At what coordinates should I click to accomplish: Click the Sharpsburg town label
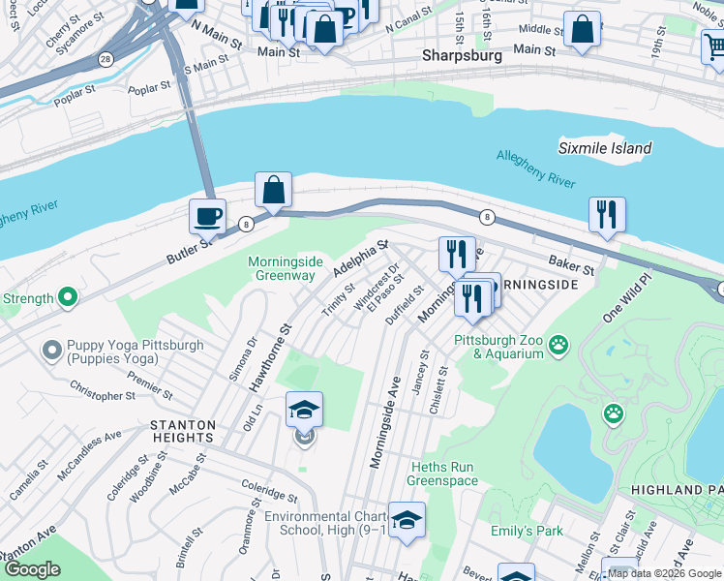click(462, 56)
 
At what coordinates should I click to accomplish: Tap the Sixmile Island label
click(605, 148)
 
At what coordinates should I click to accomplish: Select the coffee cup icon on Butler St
click(206, 217)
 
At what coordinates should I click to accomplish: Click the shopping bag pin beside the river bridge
click(274, 189)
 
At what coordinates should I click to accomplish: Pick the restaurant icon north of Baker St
click(607, 214)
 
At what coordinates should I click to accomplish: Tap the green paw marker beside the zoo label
click(558, 345)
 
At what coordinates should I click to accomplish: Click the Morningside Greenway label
click(282, 268)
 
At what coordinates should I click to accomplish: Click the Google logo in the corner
click(32, 569)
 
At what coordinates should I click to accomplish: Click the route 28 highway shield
click(104, 60)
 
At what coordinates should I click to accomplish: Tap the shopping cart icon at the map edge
click(714, 45)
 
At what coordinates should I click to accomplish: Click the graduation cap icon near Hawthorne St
click(304, 410)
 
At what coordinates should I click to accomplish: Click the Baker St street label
click(570, 262)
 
